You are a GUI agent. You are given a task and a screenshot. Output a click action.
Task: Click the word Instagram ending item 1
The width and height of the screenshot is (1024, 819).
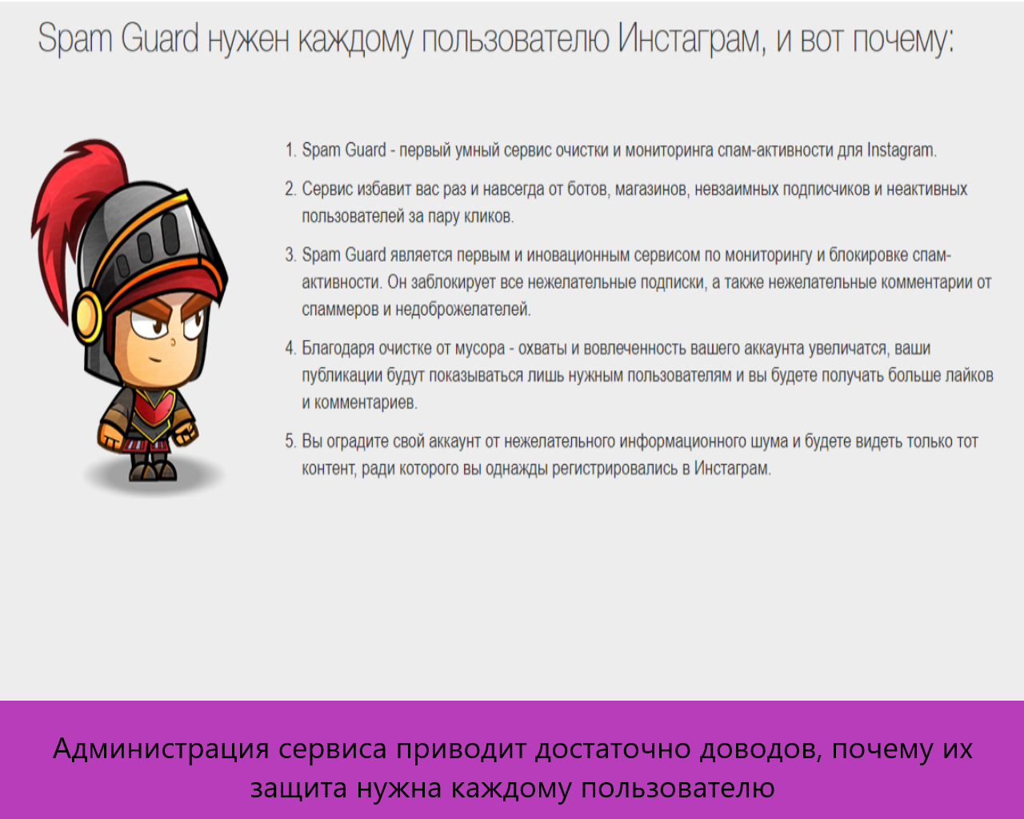click(x=902, y=150)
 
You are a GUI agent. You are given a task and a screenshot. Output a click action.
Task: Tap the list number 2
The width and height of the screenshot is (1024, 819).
click(x=290, y=190)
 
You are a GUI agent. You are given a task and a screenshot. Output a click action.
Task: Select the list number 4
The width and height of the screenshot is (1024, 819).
click(x=290, y=349)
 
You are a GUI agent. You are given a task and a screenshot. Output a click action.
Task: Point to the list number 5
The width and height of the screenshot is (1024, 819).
click(x=290, y=441)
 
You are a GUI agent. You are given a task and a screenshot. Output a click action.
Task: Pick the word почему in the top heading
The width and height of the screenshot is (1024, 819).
click(x=902, y=40)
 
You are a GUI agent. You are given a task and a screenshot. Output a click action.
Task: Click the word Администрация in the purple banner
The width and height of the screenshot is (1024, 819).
click(x=161, y=749)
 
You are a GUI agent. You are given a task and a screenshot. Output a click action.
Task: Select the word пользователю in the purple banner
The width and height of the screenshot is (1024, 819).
click(x=678, y=788)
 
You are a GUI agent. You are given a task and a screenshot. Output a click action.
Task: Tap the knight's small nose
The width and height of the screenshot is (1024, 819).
click(x=173, y=342)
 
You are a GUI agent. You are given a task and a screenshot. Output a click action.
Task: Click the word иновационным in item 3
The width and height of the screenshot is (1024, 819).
click(x=578, y=256)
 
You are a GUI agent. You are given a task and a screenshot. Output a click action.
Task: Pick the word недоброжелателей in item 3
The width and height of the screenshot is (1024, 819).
click(x=463, y=310)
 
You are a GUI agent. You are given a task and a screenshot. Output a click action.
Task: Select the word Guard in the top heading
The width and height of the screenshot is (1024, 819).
click(x=159, y=38)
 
